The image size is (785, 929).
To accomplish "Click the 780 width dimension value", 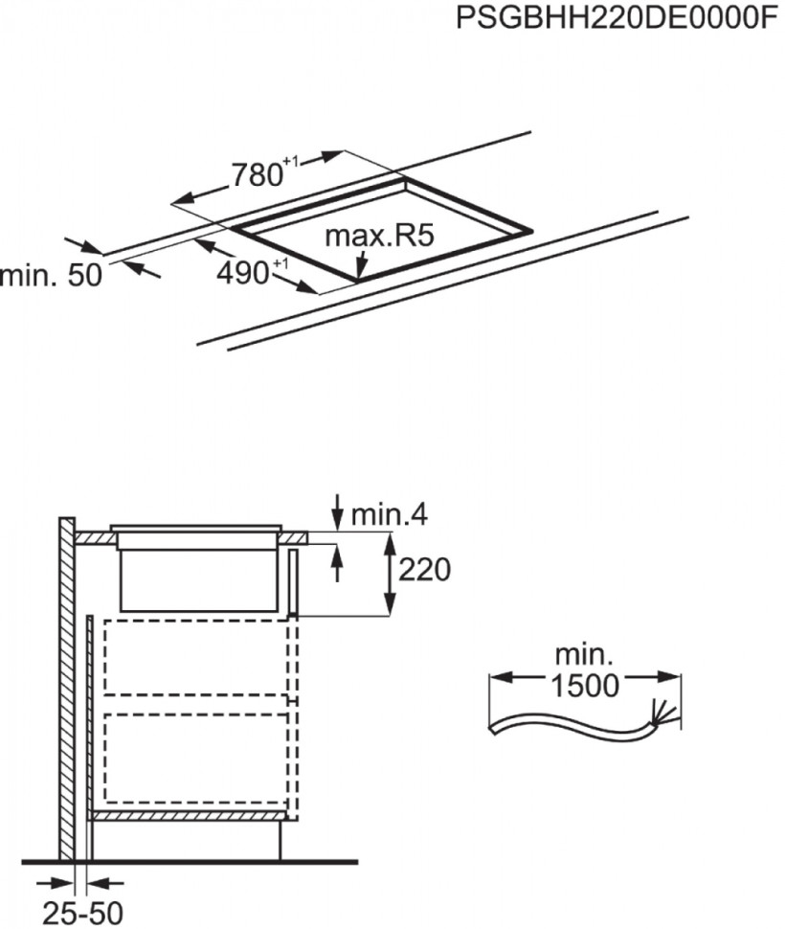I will pos(258,173).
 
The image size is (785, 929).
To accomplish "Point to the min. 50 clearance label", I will pos(50,276).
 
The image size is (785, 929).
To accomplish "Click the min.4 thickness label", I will pos(389,514).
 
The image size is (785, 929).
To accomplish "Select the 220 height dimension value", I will pos(423,571).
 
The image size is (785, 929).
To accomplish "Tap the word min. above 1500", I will pos(584,656).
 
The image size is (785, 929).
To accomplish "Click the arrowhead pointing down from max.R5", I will pos(360,271).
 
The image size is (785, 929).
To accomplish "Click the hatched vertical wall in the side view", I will pos(66,690).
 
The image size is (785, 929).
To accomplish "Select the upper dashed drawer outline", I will pos(197,657).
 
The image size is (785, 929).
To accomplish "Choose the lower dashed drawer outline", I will pos(197,757).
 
